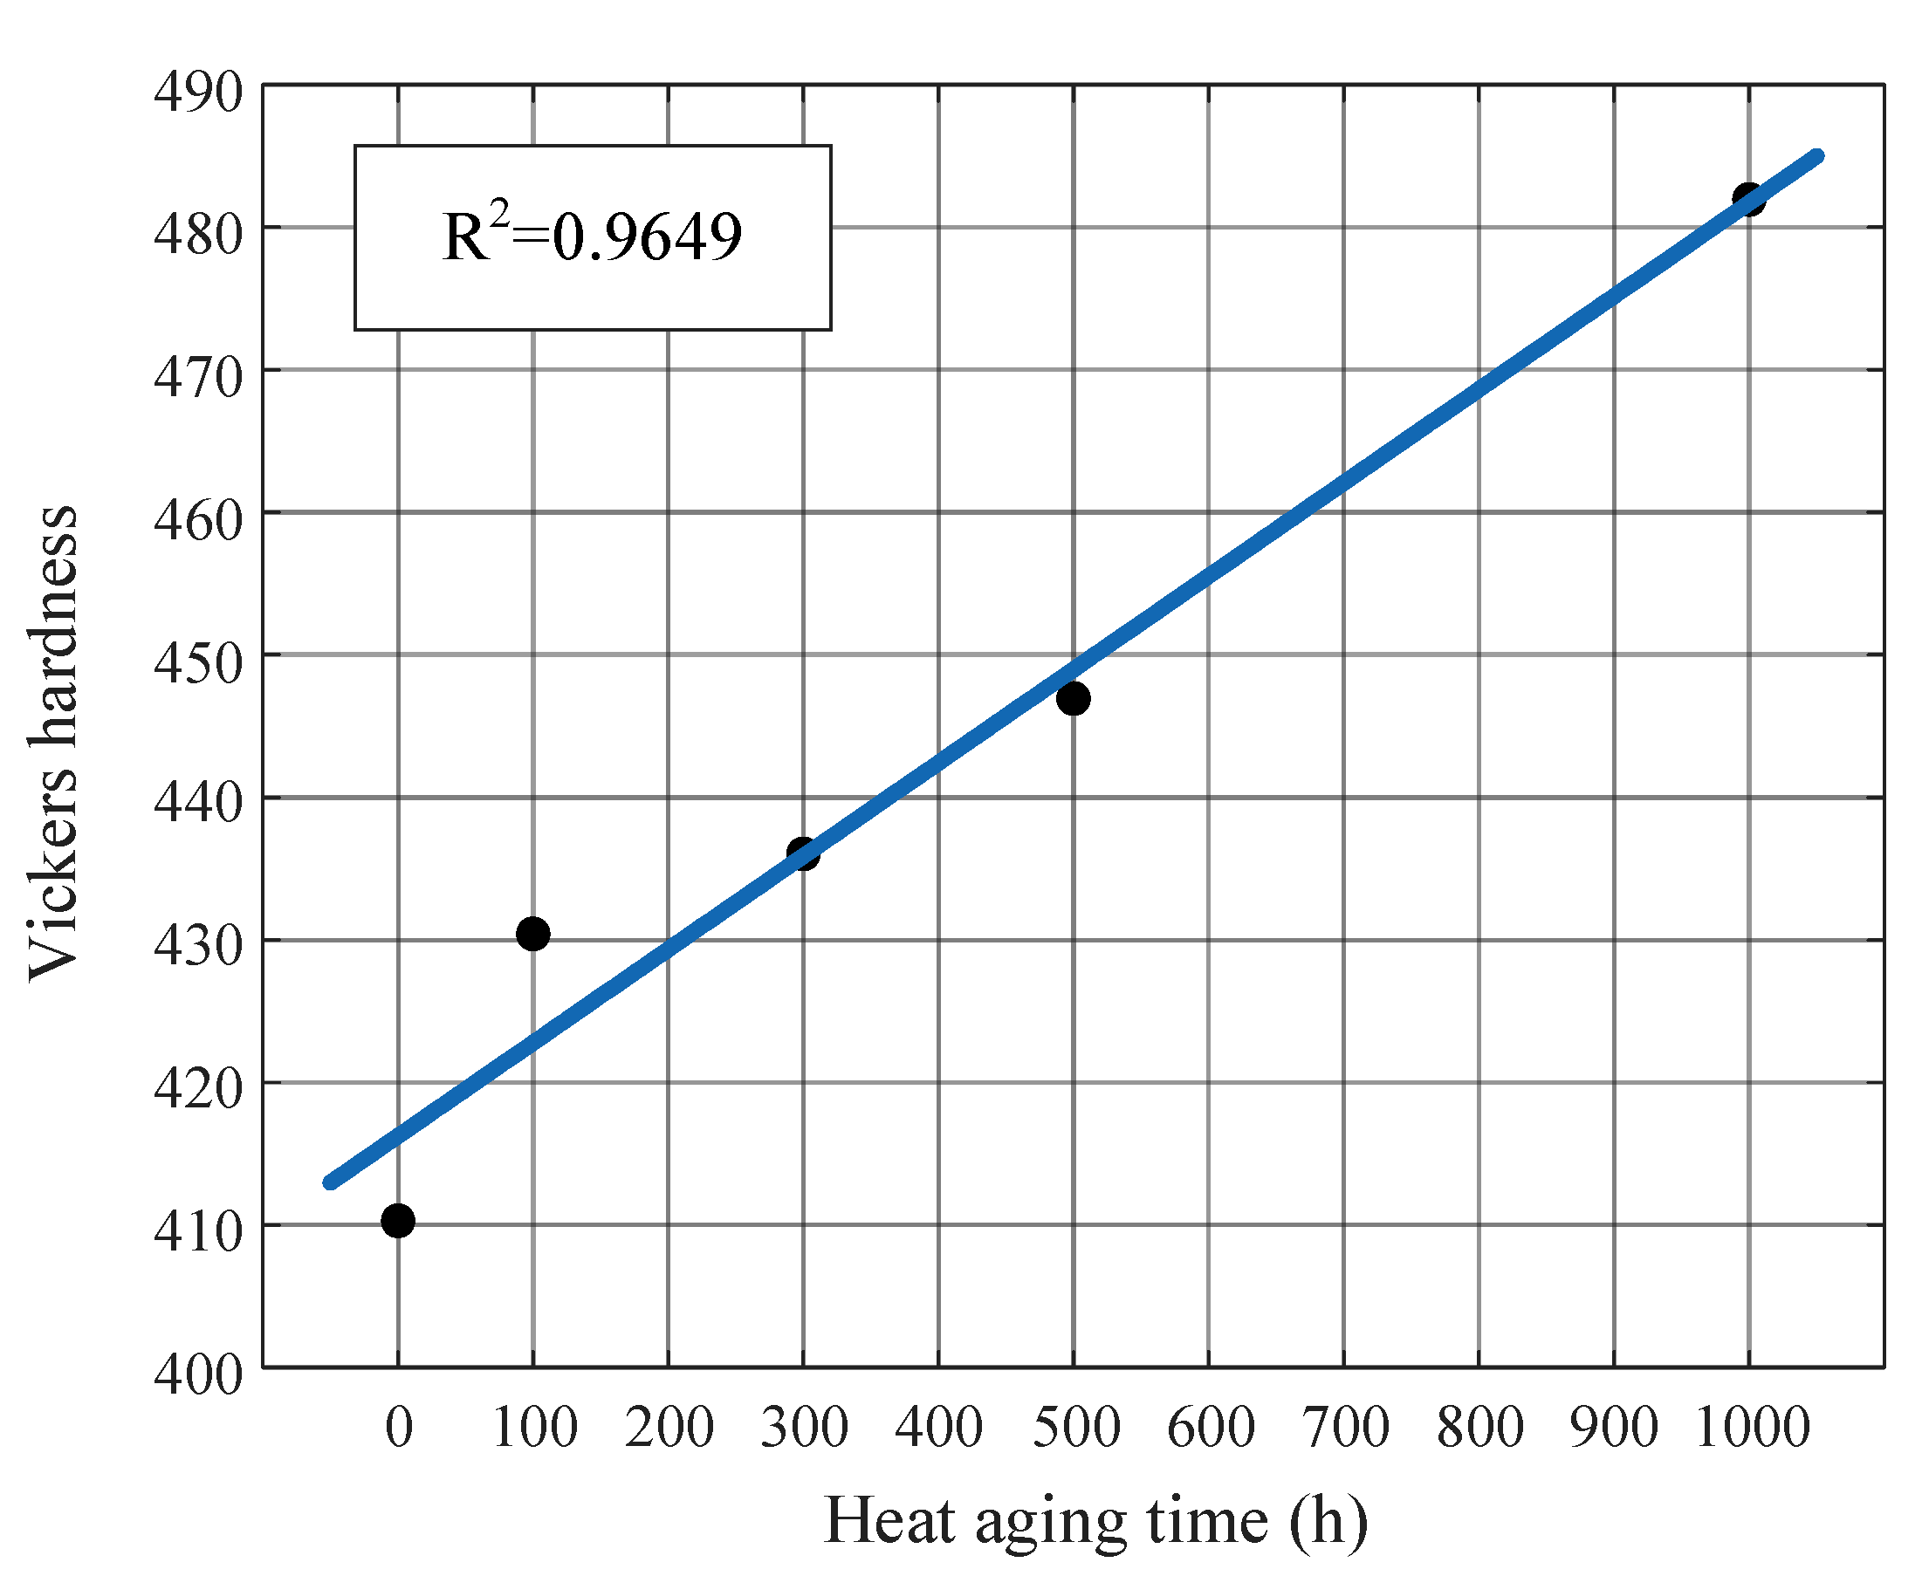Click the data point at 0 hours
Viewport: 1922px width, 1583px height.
398,1220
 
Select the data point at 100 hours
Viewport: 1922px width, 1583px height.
532,934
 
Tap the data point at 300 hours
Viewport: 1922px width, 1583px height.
803,853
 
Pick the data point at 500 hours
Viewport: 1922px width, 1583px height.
1073,698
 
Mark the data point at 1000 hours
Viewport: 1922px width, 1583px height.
1748,199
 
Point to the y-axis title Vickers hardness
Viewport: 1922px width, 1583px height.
53,744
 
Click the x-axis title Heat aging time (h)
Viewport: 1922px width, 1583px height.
1095,1520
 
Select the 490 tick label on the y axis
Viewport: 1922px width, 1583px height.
198,93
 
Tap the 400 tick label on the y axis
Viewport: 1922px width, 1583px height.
198,1374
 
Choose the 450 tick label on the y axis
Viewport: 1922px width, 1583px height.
198,663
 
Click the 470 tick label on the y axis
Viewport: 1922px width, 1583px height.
198,378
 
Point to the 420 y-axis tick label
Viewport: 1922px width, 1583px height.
198,1089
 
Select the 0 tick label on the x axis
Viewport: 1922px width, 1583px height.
399,1427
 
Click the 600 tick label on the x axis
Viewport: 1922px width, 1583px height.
1211,1427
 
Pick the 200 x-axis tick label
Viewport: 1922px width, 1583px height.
669,1427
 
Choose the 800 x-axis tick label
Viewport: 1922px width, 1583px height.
1479,1427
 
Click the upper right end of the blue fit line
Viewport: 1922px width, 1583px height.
1817,156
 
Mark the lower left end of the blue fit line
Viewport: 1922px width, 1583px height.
330,1182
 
